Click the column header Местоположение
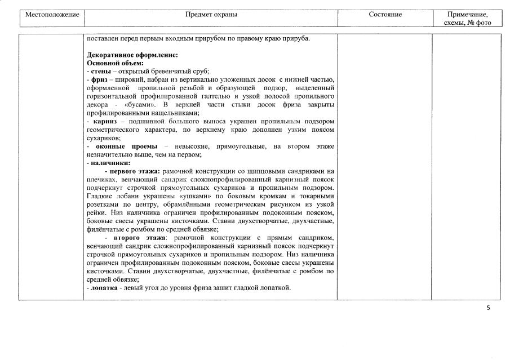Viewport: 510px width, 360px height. pyautogui.click(x=51, y=14)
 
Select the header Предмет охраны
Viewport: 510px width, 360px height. pyautogui.click(x=211, y=14)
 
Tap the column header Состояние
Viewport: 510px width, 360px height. pyautogui.click(x=385, y=14)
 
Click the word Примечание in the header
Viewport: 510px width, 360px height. pyautogui.click(x=467, y=14)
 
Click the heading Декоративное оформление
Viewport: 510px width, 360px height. pyautogui.click(x=132, y=55)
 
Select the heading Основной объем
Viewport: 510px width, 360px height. pyautogui.click(x=115, y=63)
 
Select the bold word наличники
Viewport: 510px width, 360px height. pyautogui.click(x=109, y=163)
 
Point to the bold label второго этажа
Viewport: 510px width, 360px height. pyautogui.click(x=135, y=238)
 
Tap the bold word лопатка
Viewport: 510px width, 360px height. pyautogui.click(x=104, y=288)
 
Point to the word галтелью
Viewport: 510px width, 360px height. pyautogui.click(x=227, y=96)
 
